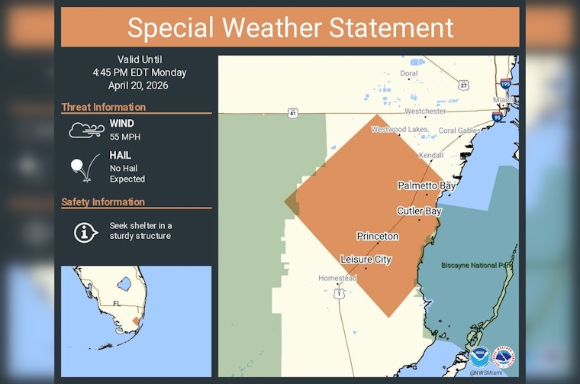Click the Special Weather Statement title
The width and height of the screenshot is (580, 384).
290,27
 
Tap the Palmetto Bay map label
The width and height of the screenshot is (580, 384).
427,186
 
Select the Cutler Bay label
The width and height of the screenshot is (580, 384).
419,211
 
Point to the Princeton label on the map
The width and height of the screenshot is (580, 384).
378,236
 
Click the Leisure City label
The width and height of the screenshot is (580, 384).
366,260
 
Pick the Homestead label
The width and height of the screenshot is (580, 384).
337,278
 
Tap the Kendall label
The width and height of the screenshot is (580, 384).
431,155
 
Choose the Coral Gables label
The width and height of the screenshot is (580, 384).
459,131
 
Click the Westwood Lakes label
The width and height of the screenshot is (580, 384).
400,129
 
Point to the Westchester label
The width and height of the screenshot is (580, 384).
425,111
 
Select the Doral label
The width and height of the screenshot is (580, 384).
409,73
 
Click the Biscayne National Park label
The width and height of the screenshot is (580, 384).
477,266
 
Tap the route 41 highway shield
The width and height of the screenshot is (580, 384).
292,113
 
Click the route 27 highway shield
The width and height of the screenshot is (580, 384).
463,86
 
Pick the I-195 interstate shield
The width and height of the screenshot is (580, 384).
505,82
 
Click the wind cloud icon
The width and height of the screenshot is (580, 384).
86,129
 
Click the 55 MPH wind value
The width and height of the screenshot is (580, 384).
124,137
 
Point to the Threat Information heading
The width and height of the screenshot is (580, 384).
103,107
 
